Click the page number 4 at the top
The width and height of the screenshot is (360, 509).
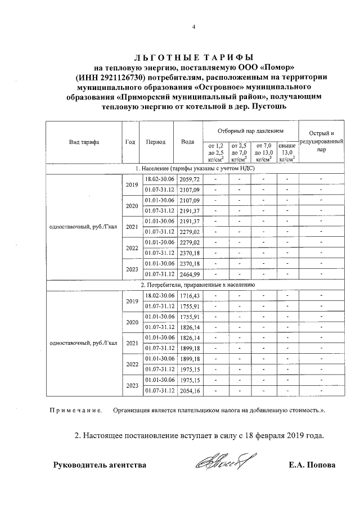click(x=193, y=26)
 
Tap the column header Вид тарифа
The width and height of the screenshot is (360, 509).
click(x=84, y=142)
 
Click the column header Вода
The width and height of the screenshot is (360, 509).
click(x=188, y=142)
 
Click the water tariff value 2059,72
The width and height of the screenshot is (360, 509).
click(x=189, y=178)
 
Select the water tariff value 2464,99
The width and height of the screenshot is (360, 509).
click(x=189, y=274)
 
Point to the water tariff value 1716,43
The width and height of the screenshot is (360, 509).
click(x=189, y=295)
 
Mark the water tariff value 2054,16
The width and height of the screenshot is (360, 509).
click(x=189, y=390)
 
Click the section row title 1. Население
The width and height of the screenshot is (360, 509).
click(x=195, y=168)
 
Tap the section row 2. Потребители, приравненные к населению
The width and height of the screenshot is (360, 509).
click(x=195, y=285)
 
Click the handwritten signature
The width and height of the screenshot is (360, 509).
click(x=221, y=464)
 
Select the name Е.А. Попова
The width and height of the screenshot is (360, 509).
click(x=311, y=465)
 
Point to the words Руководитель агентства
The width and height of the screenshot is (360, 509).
click(x=100, y=465)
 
